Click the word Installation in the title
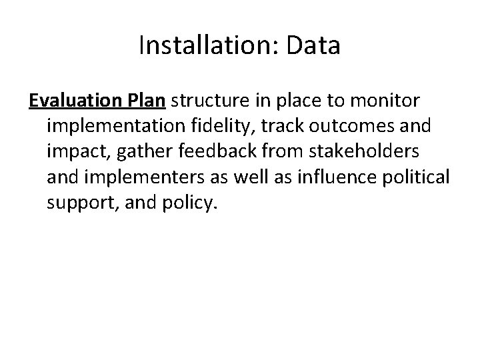(199, 46)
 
